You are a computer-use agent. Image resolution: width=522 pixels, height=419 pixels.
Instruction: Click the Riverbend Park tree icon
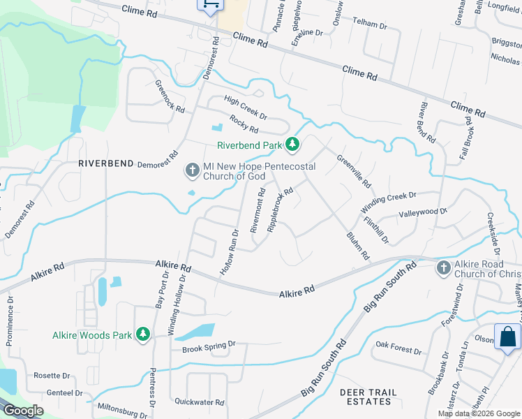(x=292, y=145)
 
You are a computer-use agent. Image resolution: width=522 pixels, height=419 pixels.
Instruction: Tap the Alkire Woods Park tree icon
(x=143, y=335)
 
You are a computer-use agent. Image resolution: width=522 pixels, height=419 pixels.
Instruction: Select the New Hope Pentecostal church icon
(x=192, y=170)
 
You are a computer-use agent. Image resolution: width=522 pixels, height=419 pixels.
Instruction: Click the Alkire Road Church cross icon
(x=443, y=267)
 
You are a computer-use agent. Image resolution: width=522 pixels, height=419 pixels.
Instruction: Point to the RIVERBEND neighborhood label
(x=105, y=163)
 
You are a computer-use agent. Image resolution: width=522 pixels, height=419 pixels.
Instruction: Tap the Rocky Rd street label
(x=244, y=125)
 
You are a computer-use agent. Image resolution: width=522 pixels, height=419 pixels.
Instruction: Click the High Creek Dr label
(x=246, y=107)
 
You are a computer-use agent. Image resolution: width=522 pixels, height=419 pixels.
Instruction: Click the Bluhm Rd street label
(x=357, y=247)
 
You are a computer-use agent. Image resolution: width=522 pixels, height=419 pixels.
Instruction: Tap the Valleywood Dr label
(x=422, y=212)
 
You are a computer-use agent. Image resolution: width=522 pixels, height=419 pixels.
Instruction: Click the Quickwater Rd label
(x=200, y=402)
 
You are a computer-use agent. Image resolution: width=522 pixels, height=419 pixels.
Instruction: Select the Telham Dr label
(x=370, y=24)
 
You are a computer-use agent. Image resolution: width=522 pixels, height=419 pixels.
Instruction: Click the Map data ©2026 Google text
(x=479, y=413)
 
